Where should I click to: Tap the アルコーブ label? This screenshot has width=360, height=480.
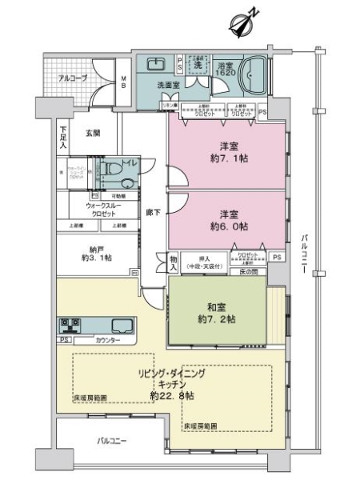[x=74, y=78]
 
